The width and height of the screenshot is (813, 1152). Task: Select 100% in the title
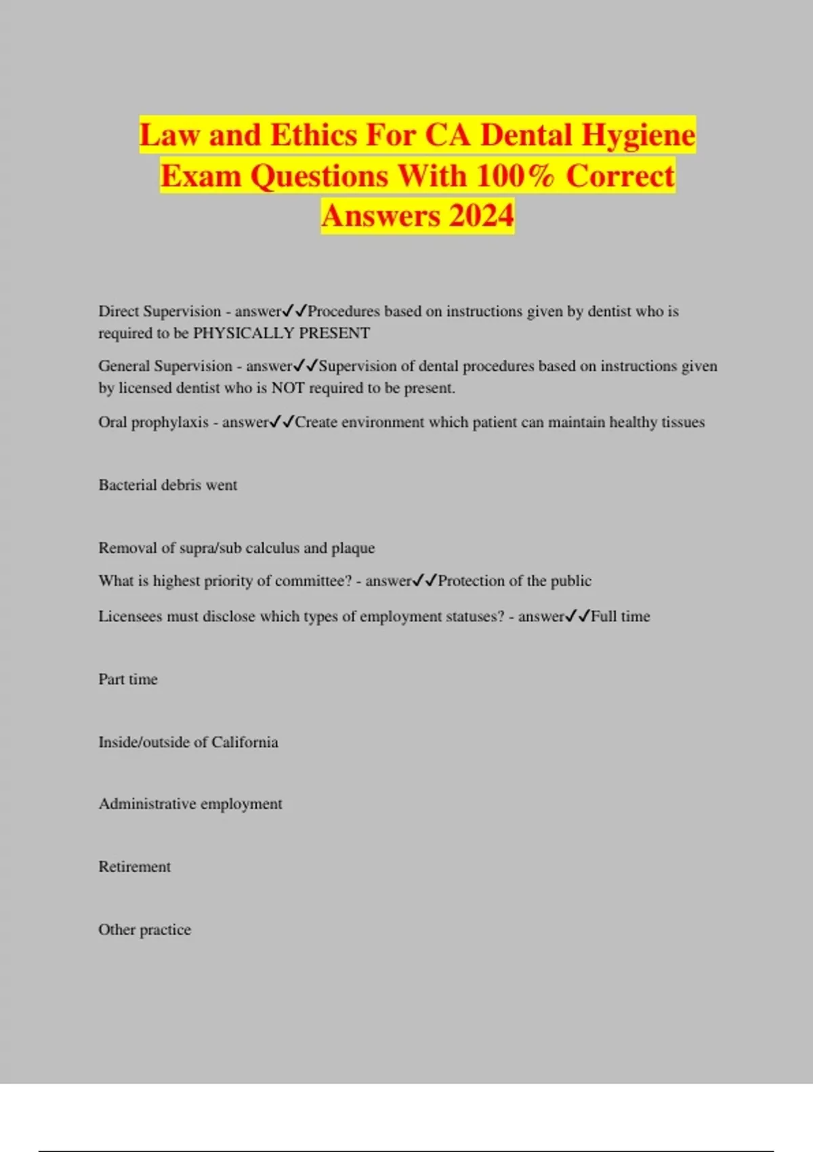pyautogui.click(x=516, y=176)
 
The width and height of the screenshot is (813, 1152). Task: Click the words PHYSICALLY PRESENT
pyautogui.click(x=281, y=333)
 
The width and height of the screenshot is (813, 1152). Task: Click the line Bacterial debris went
pyautogui.click(x=167, y=485)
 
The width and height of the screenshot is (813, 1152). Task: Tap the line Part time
pyautogui.click(x=127, y=679)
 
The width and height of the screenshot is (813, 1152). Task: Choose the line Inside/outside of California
pyautogui.click(x=188, y=742)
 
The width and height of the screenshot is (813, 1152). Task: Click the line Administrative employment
pyautogui.click(x=190, y=804)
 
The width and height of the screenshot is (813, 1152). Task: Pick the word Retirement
pyautogui.click(x=134, y=867)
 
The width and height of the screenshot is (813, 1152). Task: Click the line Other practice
pyautogui.click(x=144, y=930)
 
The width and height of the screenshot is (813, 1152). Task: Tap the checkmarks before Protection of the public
pyautogui.click(x=425, y=581)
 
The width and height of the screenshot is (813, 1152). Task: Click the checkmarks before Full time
pyautogui.click(x=578, y=616)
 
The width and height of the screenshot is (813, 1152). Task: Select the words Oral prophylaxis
pyautogui.click(x=153, y=422)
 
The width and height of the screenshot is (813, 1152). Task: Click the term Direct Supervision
pyautogui.click(x=159, y=311)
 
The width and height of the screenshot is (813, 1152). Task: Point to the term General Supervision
pyautogui.click(x=165, y=366)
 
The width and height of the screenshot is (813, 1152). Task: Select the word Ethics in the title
pyautogui.click(x=315, y=136)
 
